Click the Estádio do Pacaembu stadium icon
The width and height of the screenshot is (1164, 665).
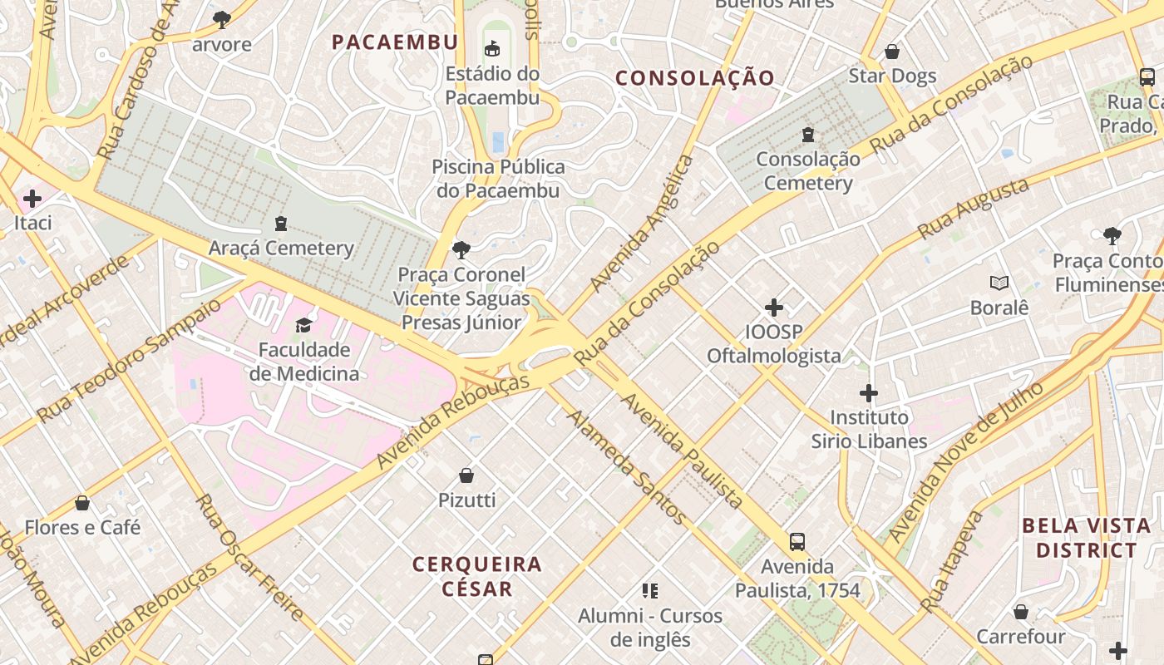pyautogui.click(x=492, y=48)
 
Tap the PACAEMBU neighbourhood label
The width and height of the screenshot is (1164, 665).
pyautogui.click(x=395, y=42)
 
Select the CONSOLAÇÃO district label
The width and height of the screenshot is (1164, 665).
pyautogui.click(x=695, y=78)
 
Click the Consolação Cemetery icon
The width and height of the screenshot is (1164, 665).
pyautogui.click(x=807, y=134)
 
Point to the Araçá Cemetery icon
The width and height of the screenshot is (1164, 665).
pyautogui.click(x=281, y=223)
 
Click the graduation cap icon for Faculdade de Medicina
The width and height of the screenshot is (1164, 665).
pyautogui.click(x=303, y=325)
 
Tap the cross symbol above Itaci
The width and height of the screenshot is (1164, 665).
pyautogui.click(x=32, y=199)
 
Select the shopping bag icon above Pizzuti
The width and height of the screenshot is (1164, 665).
pyautogui.click(x=466, y=475)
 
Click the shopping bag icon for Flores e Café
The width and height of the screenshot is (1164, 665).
pyautogui.click(x=82, y=503)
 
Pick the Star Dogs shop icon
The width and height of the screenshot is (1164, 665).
pyautogui.click(x=892, y=52)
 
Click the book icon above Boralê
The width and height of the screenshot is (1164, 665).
pyautogui.click(x=999, y=283)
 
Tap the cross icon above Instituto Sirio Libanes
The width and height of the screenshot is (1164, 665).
pyautogui.click(x=869, y=392)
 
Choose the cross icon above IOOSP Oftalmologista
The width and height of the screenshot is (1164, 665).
pyautogui.click(x=774, y=308)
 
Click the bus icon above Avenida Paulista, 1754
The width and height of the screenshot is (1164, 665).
pyautogui.click(x=797, y=542)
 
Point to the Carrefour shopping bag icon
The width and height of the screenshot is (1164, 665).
pyautogui.click(x=1021, y=612)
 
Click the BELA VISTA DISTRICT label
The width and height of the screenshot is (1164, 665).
pyautogui.click(x=1087, y=538)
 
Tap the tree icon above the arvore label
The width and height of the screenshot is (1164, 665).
pyautogui.click(x=221, y=19)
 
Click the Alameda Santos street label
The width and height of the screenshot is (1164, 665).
pyautogui.click(x=627, y=467)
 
